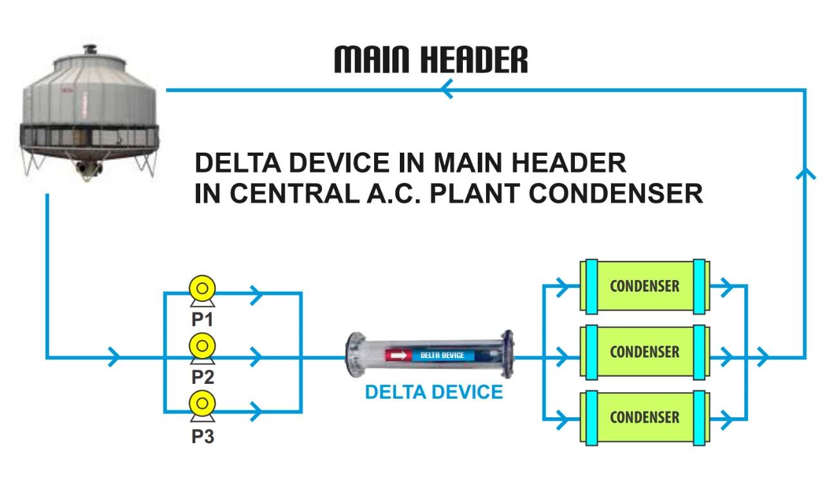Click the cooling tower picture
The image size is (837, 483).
click(87, 113)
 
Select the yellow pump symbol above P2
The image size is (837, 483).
click(202, 346)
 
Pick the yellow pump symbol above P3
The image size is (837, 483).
click(202, 404)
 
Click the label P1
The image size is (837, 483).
click(202, 319)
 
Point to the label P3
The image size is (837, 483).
click(202, 437)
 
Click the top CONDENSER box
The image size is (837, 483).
click(644, 286)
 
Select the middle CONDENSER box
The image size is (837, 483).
click(644, 352)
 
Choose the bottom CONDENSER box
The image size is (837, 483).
click(644, 417)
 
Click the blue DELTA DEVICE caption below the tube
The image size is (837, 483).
click(433, 392)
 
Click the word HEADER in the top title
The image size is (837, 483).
click(473, 60)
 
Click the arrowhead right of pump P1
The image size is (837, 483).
click(257, 294)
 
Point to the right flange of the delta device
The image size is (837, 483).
click(509, 354)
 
